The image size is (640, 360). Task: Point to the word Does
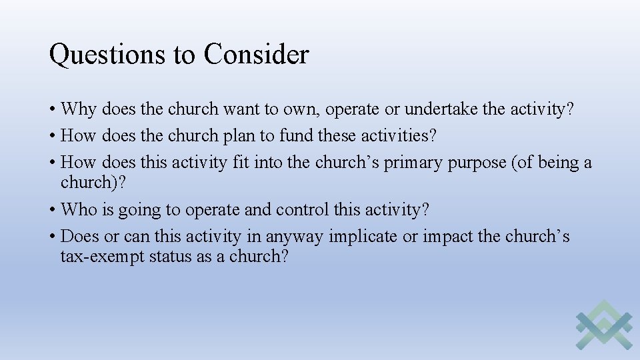tap(80, 237)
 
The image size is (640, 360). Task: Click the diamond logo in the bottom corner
tap(603, 325)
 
